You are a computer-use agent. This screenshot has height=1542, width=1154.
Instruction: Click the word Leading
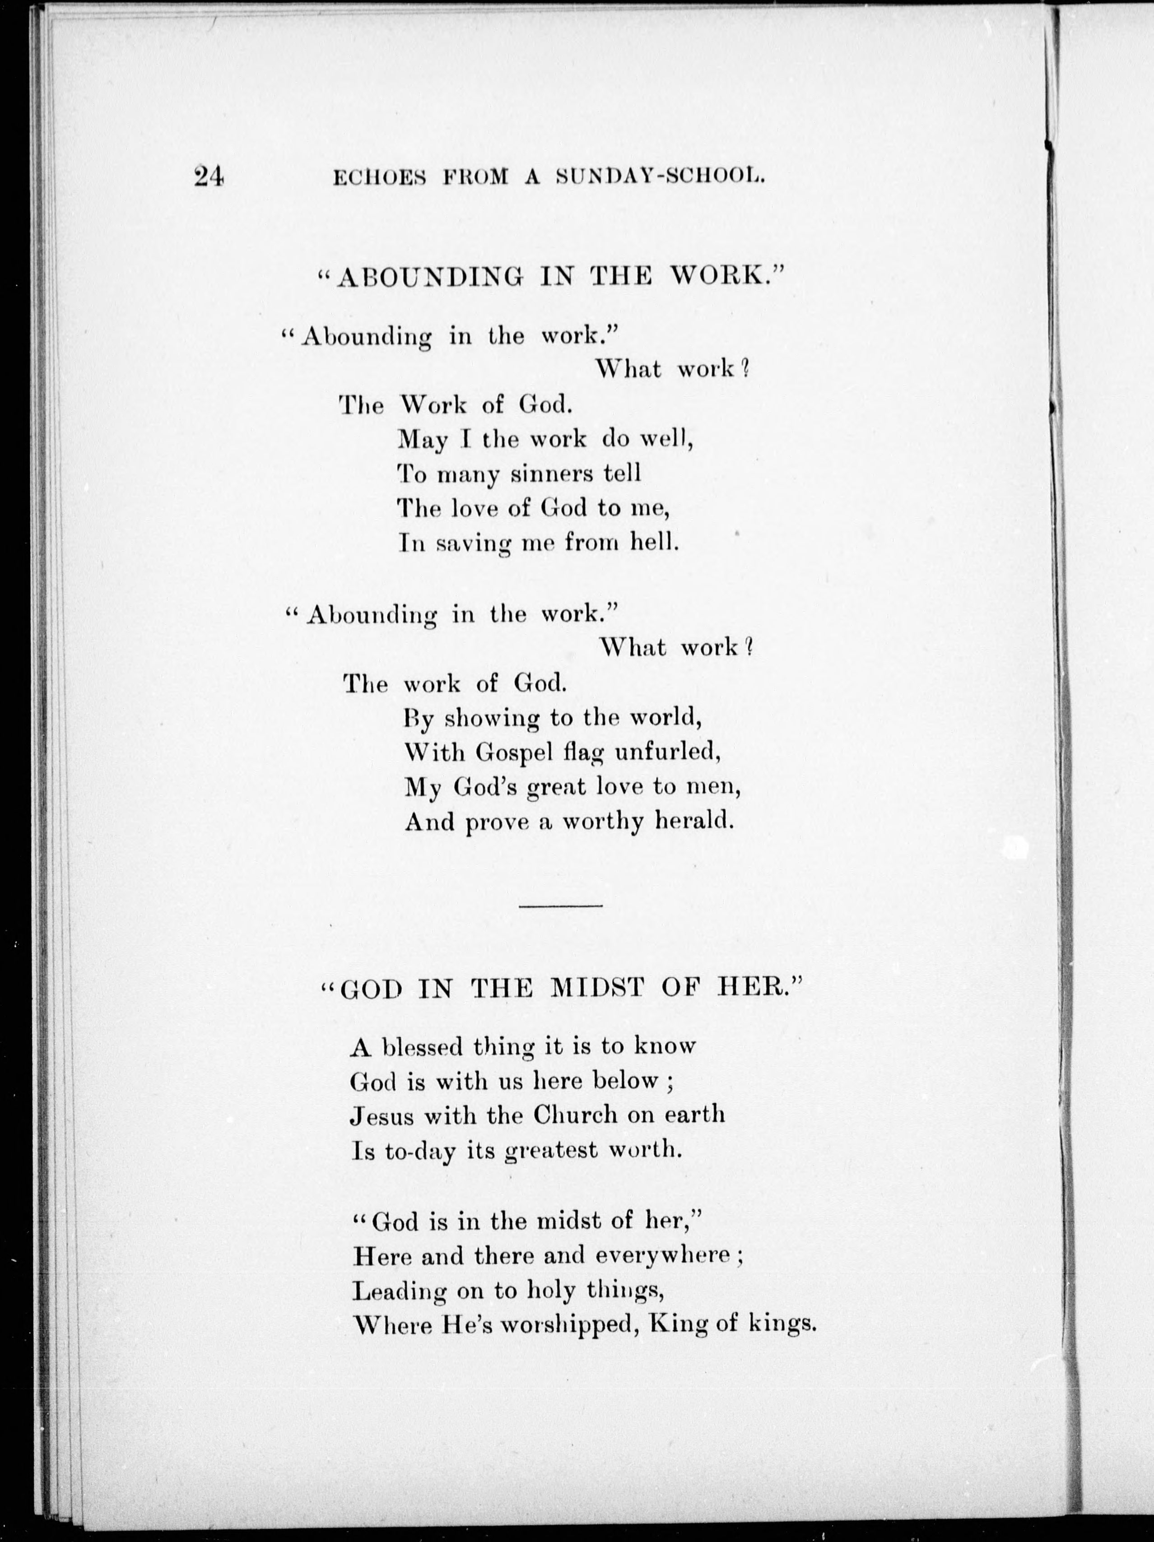(x=400, y=1292)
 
